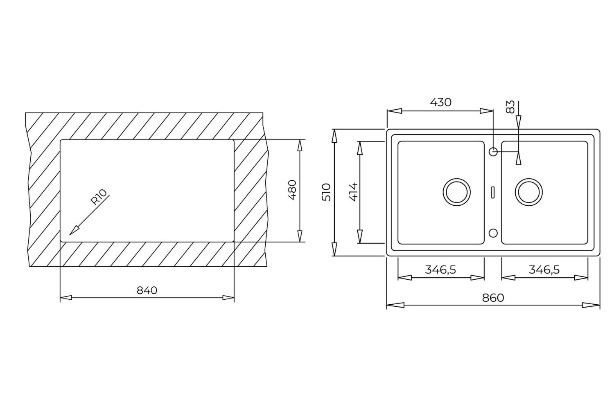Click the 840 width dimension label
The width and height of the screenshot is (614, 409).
click(x=147, y=290)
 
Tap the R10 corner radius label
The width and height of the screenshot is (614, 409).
click(x=99, y=197)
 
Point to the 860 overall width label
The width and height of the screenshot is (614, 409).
click(x=493, y=298)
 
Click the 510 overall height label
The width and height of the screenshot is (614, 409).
click(x=326, y=192)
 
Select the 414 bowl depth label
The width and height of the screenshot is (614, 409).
click(x=352, y=191)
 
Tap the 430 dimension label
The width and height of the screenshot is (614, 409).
click(x=440, y=102)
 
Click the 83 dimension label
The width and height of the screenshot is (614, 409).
click(x=510, y=107)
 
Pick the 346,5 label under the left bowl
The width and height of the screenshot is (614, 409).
click(x=440, y=270)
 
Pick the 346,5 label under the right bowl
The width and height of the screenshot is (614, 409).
click(x=544, y=270)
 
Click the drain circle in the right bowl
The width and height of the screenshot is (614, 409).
click(x=529, y=191)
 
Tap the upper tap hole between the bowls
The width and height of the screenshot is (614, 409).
click(x=493, y=152)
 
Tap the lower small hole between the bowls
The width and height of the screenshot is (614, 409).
click(x=493, y=233)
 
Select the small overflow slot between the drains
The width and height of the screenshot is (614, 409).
click(x=493, y=191)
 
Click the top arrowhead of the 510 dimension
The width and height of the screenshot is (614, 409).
click(x=335, y=136)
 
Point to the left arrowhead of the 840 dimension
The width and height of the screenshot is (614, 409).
click(x=66, y=298)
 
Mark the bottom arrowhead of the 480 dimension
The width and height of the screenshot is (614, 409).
click(x=300, y=236)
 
